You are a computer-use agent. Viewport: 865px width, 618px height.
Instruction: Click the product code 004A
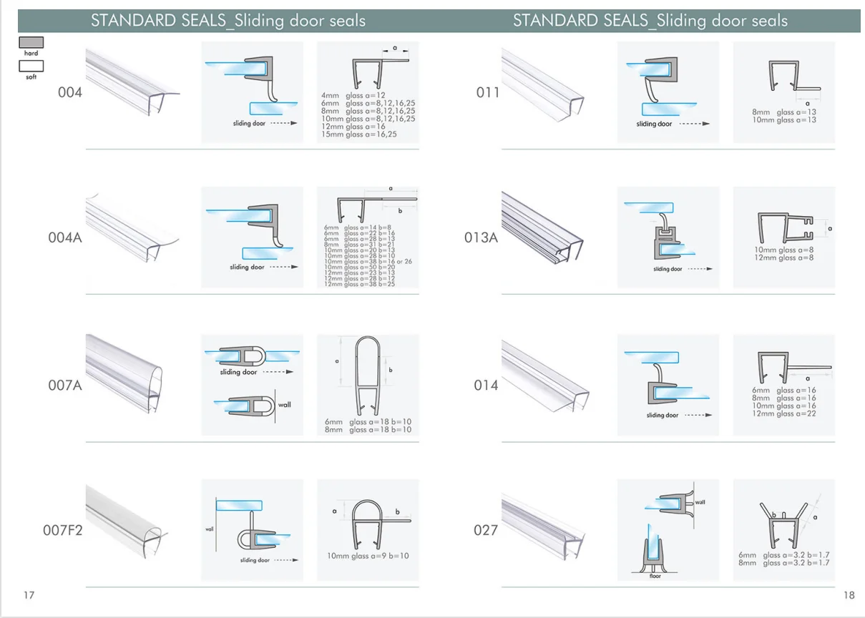(65, 237)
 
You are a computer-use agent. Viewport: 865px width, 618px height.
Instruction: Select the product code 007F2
(63, 531)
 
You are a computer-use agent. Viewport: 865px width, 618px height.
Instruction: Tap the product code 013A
(481, 237)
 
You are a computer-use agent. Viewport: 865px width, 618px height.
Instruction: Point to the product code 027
(486, 530)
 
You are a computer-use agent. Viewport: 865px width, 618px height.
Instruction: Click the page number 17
(29, 595)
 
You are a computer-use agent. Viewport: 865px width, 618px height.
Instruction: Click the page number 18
(849, 595)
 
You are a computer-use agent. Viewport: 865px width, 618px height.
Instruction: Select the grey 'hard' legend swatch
(31, 43)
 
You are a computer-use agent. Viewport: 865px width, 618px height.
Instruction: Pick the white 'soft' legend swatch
(31, 66)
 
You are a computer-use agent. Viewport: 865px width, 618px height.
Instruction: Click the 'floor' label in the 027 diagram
(655, 575)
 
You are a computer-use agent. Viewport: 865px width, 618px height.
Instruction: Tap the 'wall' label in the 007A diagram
(285, 405)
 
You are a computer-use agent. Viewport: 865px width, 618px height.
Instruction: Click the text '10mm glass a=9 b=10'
(368, 556)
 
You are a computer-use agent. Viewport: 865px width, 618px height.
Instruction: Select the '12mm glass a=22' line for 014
(784, 413)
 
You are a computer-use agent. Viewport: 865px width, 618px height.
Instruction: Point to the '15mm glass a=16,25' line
(359, 134)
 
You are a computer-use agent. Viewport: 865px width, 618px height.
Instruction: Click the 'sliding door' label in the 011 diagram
(654, 124)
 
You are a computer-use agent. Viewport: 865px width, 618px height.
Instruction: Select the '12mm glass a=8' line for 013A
(784, 257)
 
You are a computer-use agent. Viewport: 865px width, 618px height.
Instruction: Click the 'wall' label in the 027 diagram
(700, 502)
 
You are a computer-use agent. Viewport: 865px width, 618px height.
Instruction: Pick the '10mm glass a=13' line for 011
(784, 119)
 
